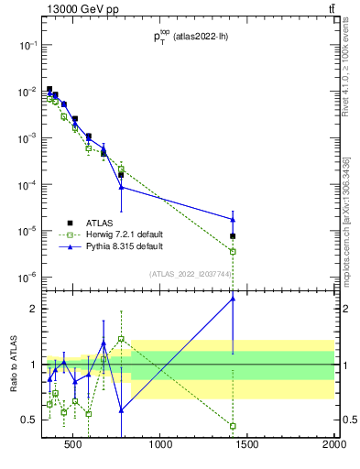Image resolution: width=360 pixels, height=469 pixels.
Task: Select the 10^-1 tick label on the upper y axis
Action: [27, 45]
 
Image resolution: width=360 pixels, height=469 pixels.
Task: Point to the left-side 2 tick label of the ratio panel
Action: [34, 309]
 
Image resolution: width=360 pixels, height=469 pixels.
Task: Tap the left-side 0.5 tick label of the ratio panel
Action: [30, 420]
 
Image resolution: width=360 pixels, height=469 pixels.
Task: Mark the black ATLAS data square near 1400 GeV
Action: [233, 236]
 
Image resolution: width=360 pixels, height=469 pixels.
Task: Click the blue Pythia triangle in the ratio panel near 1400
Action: [233, 298]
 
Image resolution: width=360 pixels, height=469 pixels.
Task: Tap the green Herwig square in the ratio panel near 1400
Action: [233, 426]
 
